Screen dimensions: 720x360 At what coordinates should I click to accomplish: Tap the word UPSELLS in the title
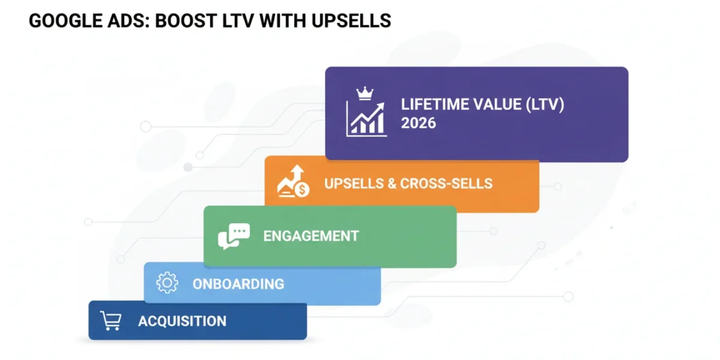(351, 21)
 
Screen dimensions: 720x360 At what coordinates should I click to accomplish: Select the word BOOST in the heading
(186, 21)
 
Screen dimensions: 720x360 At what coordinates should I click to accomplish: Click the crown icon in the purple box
(365, 94)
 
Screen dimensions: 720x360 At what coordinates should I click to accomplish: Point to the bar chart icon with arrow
(366, 119)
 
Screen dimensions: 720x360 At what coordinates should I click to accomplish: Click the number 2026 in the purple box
(418, 123)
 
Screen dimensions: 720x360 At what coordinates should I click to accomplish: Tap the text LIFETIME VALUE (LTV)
(482, 105)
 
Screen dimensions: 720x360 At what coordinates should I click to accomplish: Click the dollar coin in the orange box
(302, 190)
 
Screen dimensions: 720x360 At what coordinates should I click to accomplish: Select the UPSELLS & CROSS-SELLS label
(408, 184)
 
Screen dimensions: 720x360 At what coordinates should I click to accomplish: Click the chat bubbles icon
(233, 236)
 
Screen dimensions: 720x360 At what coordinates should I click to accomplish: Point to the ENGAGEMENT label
(311, 236)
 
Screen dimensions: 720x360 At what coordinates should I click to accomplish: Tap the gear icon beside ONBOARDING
(167, 283)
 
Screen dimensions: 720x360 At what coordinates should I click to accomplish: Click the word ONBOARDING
(238, 284)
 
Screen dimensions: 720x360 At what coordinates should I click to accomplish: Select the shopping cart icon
(110, 320)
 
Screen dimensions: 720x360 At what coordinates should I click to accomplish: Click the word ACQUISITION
(182, 321)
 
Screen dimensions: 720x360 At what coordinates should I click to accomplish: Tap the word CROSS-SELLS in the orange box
(446, 184)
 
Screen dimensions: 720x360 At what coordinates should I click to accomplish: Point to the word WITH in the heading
(283, 21)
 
